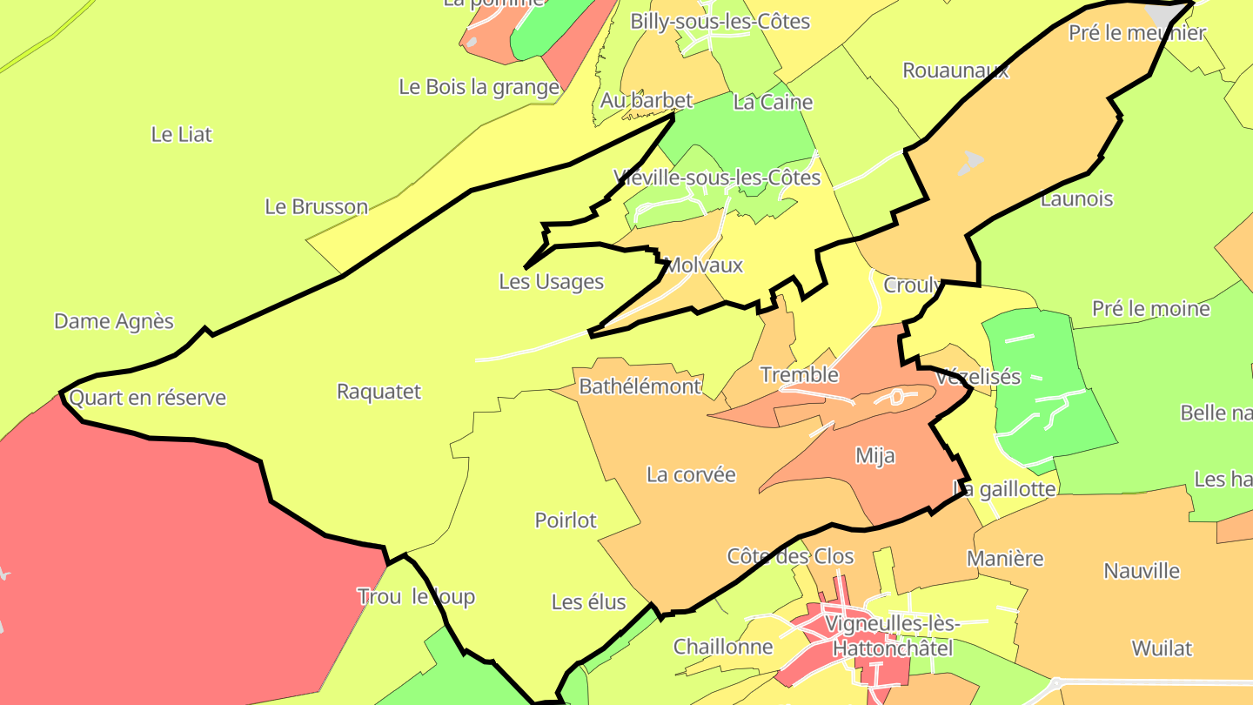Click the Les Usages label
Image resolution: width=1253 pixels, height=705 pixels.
tap(551, 282)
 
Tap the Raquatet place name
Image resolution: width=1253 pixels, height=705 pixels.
tap(379, 392)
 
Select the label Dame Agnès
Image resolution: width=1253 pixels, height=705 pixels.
tap(114, 321)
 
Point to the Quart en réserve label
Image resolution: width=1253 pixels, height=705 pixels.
tap(147, 398)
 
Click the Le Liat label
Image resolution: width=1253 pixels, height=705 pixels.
tap(181, 135)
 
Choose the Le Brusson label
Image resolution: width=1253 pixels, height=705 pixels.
tap(317, 207)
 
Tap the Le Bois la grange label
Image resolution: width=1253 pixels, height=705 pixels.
tap(479, 87)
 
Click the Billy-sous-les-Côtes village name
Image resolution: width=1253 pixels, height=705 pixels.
tap(720, 22)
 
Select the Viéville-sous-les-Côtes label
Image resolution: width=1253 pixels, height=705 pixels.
tap(717, 178)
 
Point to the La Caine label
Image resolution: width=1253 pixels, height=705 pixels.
tap(773, 103)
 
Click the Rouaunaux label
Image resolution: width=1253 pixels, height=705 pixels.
tap(955, 70)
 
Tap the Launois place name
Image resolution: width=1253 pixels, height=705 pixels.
tap(1076, 199)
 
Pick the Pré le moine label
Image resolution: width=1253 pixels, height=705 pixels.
tap(1150, 309)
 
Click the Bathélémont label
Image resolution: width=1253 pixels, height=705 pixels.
tap(640, 386)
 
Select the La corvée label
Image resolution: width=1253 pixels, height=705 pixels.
tap(691, 475)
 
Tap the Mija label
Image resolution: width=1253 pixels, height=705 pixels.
tap(874, 456)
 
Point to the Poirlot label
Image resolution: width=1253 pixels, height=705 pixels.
tap(566, 520)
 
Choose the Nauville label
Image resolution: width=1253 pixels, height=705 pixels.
tap(1142, 572)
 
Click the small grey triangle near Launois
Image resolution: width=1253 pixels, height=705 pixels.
tap(970, 162)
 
